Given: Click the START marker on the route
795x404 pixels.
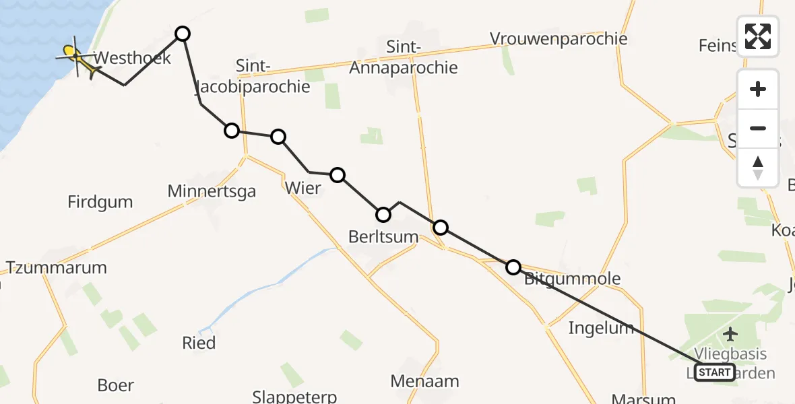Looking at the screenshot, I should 714,372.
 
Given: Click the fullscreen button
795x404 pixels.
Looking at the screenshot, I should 758,36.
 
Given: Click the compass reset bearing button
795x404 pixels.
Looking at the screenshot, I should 758,168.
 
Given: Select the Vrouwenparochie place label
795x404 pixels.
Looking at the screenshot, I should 559,38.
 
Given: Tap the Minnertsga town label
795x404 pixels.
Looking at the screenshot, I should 212,192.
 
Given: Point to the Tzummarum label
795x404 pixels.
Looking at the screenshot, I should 57,267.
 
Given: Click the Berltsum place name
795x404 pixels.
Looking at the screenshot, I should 383,237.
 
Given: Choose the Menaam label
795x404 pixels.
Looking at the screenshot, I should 424,382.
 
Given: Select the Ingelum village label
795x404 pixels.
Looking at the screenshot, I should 601,328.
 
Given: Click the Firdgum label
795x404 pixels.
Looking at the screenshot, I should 100,201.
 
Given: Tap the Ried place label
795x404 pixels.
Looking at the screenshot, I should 199,343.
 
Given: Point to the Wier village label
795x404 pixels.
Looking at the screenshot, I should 303,188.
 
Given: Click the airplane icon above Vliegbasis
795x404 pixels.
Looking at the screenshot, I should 730,333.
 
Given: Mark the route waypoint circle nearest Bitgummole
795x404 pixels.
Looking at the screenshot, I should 513,267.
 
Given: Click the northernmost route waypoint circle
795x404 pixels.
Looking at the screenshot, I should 182,34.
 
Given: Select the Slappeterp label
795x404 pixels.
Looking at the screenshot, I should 294,397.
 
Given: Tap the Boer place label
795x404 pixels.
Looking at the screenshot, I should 115,386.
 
